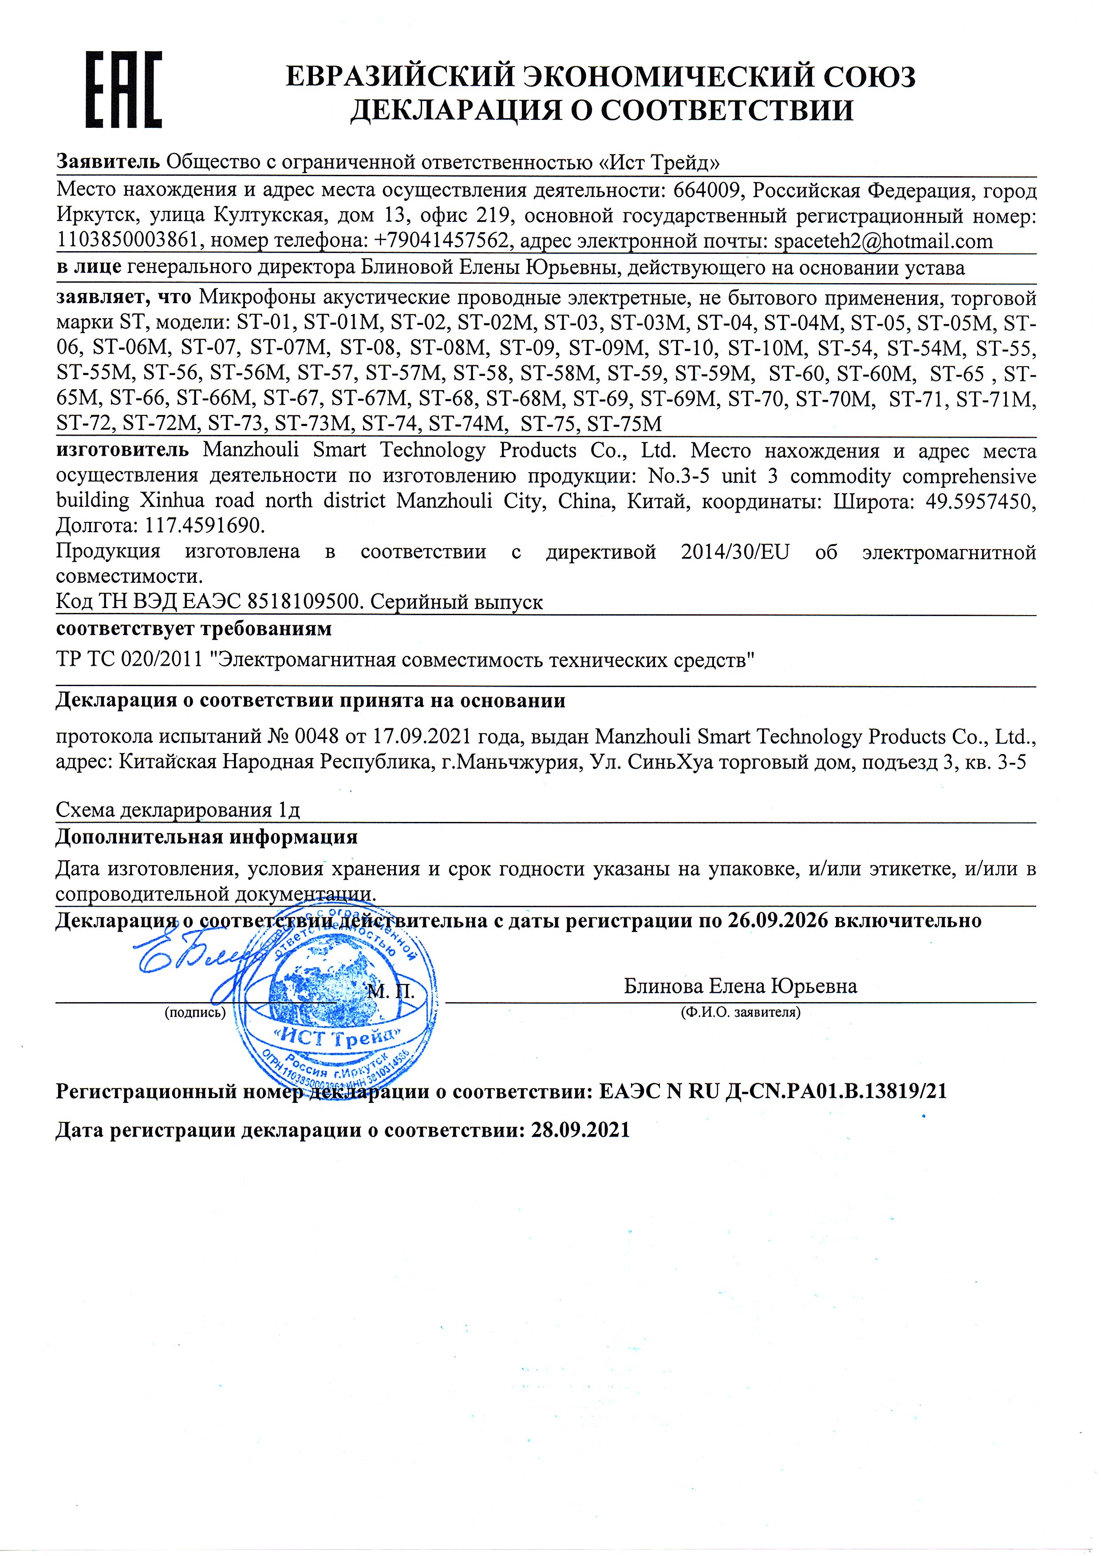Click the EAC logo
(123, 90)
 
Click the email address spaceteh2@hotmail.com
(883, 241)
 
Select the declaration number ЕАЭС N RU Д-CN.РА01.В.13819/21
(773, 1091)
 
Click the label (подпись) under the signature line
(194, 1013)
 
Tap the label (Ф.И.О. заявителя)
(740, 1013)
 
